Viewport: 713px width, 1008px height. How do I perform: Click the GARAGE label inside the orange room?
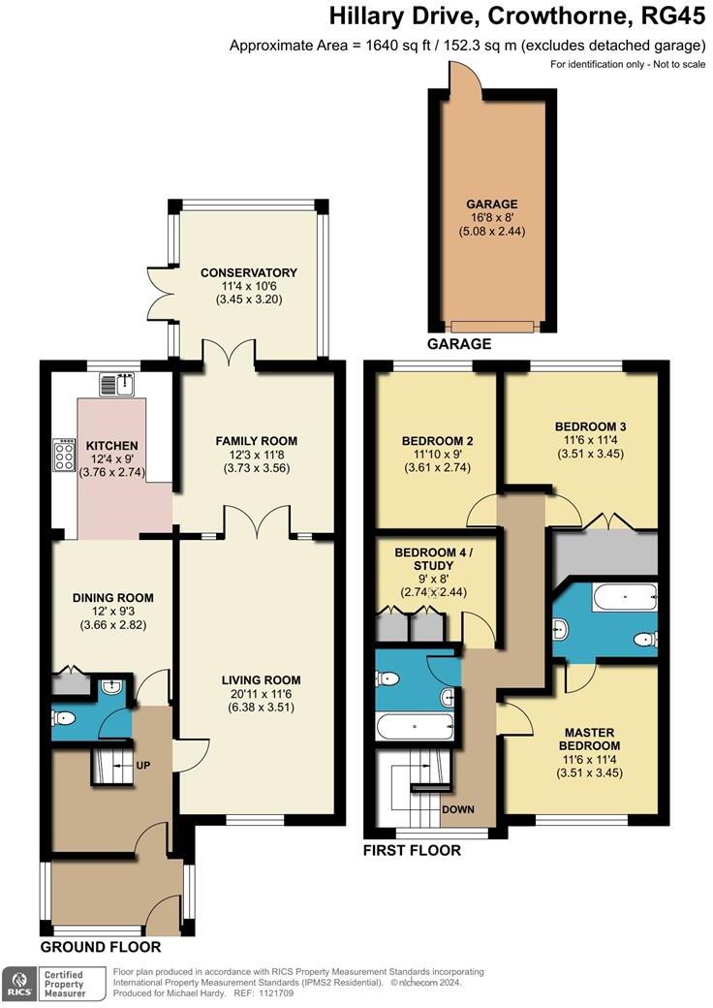click(491, 205)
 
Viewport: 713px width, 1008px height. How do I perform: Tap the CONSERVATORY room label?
click(249, 272)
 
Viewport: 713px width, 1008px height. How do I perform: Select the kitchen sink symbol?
click(123, 385)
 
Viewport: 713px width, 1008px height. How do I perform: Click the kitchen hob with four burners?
click(66, 456)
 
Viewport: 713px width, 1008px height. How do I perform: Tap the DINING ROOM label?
click(113, 597)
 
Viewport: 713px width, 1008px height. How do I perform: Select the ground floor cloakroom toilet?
click(65, 719)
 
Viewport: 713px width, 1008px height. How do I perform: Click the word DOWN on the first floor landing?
click(457, 808)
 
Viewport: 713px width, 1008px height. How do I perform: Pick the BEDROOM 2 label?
click(437, 441)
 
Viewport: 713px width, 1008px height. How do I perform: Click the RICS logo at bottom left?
click(17, 984)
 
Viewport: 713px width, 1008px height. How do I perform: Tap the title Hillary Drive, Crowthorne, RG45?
click(513, 16)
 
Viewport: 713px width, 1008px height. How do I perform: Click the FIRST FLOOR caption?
click(412, 851)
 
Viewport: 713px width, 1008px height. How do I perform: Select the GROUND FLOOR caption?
click(101, 947)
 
